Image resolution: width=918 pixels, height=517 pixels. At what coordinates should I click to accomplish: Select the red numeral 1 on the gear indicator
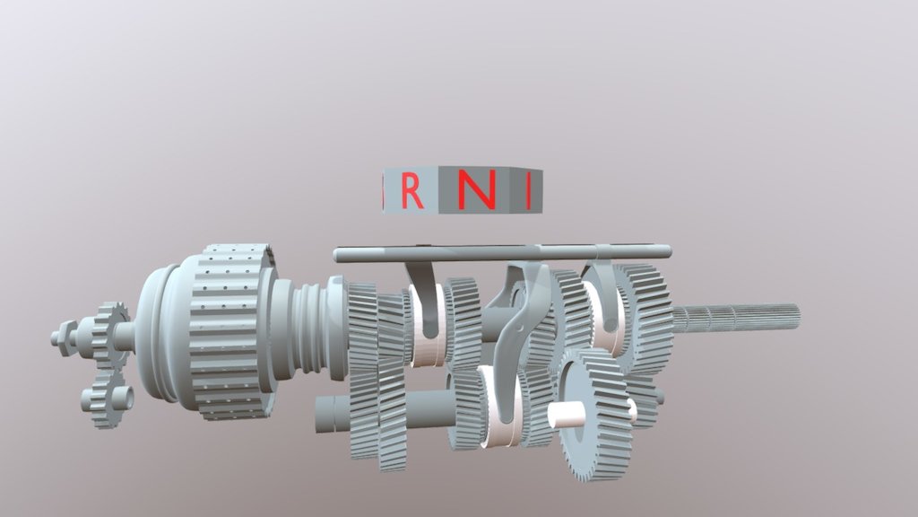tap(529, 191)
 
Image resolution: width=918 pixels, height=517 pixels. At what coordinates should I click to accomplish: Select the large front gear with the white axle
tap(592, 415)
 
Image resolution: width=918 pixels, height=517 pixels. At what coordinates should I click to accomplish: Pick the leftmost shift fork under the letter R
tap(420, 301)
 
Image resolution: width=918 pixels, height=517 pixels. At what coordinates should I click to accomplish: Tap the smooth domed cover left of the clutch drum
tap(161, 337)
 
